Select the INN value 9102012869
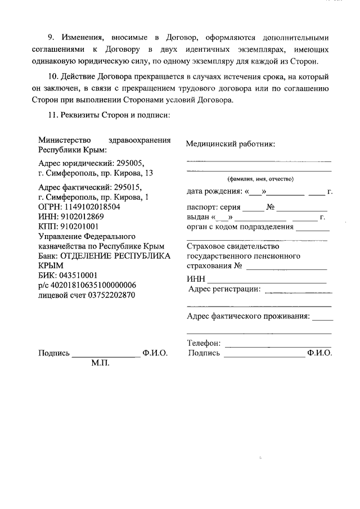(x=82, y=216)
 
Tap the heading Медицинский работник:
(x=231, y=145)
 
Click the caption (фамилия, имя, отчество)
(x=261, y=179)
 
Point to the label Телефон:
(x=204, y=343)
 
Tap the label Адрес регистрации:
(x=225, y=289)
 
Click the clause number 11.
(x=54, y=115)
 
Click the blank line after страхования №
(x=286, y=268)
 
